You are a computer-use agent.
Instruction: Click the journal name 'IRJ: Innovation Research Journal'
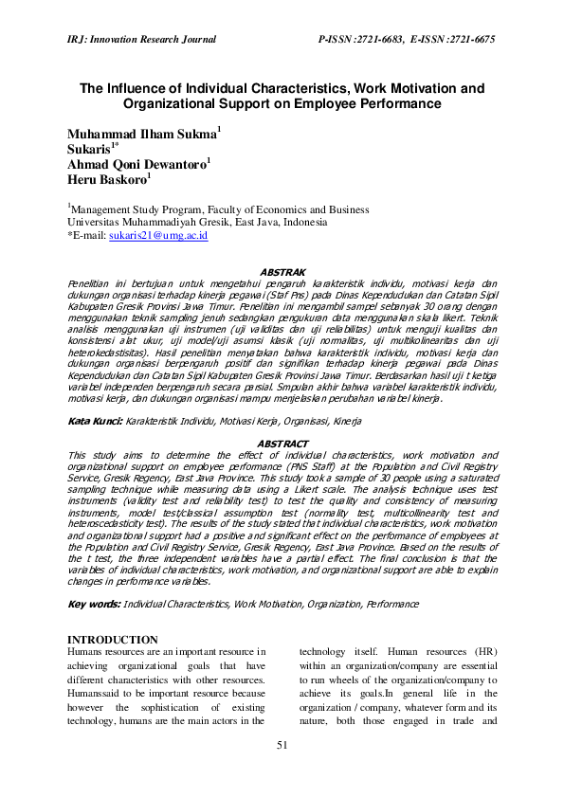coord(141,39)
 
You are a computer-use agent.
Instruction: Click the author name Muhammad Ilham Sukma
coord(141,134)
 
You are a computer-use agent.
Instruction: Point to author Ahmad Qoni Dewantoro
coord(136,163)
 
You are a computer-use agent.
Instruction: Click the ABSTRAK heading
coord(282,272)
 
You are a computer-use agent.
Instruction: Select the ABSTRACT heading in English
coord(282,444)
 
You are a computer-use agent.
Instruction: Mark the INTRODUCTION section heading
coord(113,640)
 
